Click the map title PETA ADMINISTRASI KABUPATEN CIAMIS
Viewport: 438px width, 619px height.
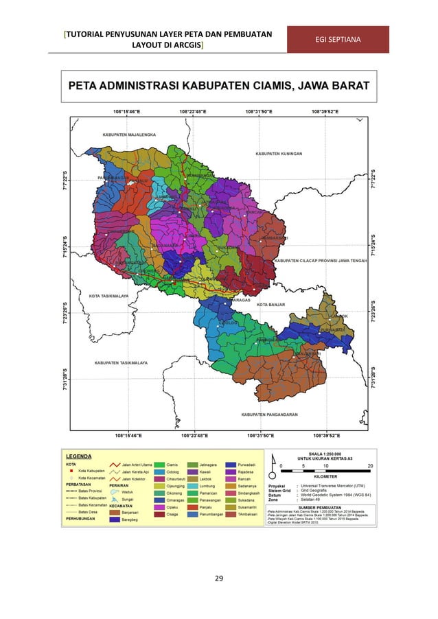pyautogui.click(x=219, y=86)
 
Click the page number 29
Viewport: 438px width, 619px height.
pyautogui.click(x=219, y=580)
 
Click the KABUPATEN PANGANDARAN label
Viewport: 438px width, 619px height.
pyautogui.click(x=273, y=414)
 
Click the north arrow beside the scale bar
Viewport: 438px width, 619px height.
pyautogui.click(x=273, y=465)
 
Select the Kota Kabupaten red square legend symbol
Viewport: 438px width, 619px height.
pyautogui.click(x=71, y=470)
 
